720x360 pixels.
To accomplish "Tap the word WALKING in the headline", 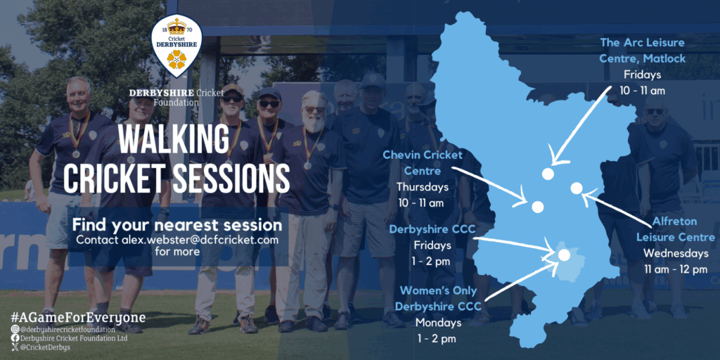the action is click(173, 139).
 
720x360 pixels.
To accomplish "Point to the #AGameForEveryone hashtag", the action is click(79, 317).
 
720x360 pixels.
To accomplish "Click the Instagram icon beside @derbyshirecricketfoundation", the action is click(15, 329).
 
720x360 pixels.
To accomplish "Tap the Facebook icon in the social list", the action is click(15, 338).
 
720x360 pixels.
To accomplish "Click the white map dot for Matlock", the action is click(547, 174).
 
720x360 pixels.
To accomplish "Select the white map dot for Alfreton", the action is click(577, 188).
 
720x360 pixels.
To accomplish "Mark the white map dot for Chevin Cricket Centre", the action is click(538, 207).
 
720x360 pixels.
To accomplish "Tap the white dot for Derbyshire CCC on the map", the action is click(565, 255).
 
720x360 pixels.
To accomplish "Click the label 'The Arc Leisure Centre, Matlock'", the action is click(643, 51).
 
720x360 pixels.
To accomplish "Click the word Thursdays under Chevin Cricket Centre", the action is click(423, 187).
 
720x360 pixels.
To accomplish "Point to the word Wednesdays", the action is click(676, 253).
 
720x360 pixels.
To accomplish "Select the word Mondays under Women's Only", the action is click(438, 322).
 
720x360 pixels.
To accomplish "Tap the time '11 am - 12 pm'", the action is click(676, 269).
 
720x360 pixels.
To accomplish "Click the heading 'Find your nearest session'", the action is click(177, 226).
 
